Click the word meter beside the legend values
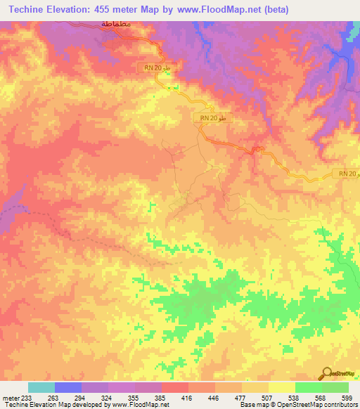click(11, 397)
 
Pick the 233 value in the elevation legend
click(28, 397)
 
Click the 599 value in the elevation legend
click(347, 397)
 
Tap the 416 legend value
click(187, 397)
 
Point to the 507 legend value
click(267, 397)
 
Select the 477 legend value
click(240, 397)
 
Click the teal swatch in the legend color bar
click(41, 387)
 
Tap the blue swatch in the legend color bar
click(67, 387)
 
